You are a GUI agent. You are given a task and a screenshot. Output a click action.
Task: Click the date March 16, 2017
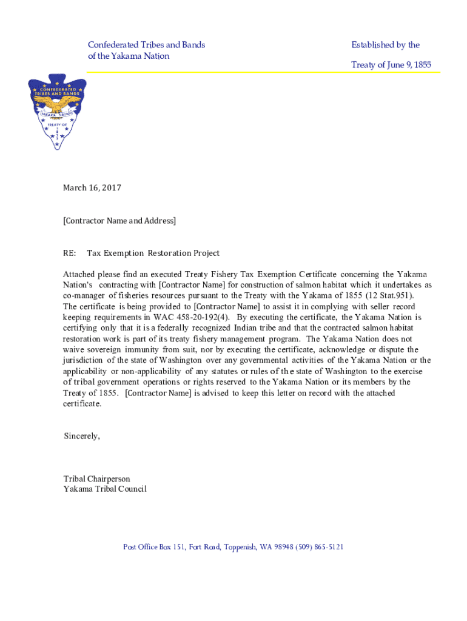tap(92, 188)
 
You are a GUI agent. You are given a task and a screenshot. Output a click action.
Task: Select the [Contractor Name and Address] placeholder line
tap(119, 221)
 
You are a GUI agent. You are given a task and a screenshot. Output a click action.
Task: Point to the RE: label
tap(70, 253)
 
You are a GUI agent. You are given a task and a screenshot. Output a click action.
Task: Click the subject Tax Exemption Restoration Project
tap(153, 253)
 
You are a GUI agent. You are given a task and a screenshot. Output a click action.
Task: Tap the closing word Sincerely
tap(82, 436)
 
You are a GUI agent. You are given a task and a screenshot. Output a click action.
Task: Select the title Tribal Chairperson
tap(97, 479)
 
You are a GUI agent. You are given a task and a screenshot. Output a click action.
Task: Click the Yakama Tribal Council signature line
tap(105, 489)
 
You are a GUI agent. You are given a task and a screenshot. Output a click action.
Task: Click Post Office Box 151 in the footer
tap(153, 547)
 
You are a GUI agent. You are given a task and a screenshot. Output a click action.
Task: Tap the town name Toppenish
tap(241, 547)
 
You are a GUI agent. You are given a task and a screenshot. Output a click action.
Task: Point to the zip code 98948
tap(283, 547)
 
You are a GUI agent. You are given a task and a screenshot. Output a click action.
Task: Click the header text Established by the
tap(385, 45)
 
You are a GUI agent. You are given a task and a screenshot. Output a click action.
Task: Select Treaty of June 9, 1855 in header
tap(391, 65)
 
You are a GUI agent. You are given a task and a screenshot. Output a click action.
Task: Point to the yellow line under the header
tap(261, 73)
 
